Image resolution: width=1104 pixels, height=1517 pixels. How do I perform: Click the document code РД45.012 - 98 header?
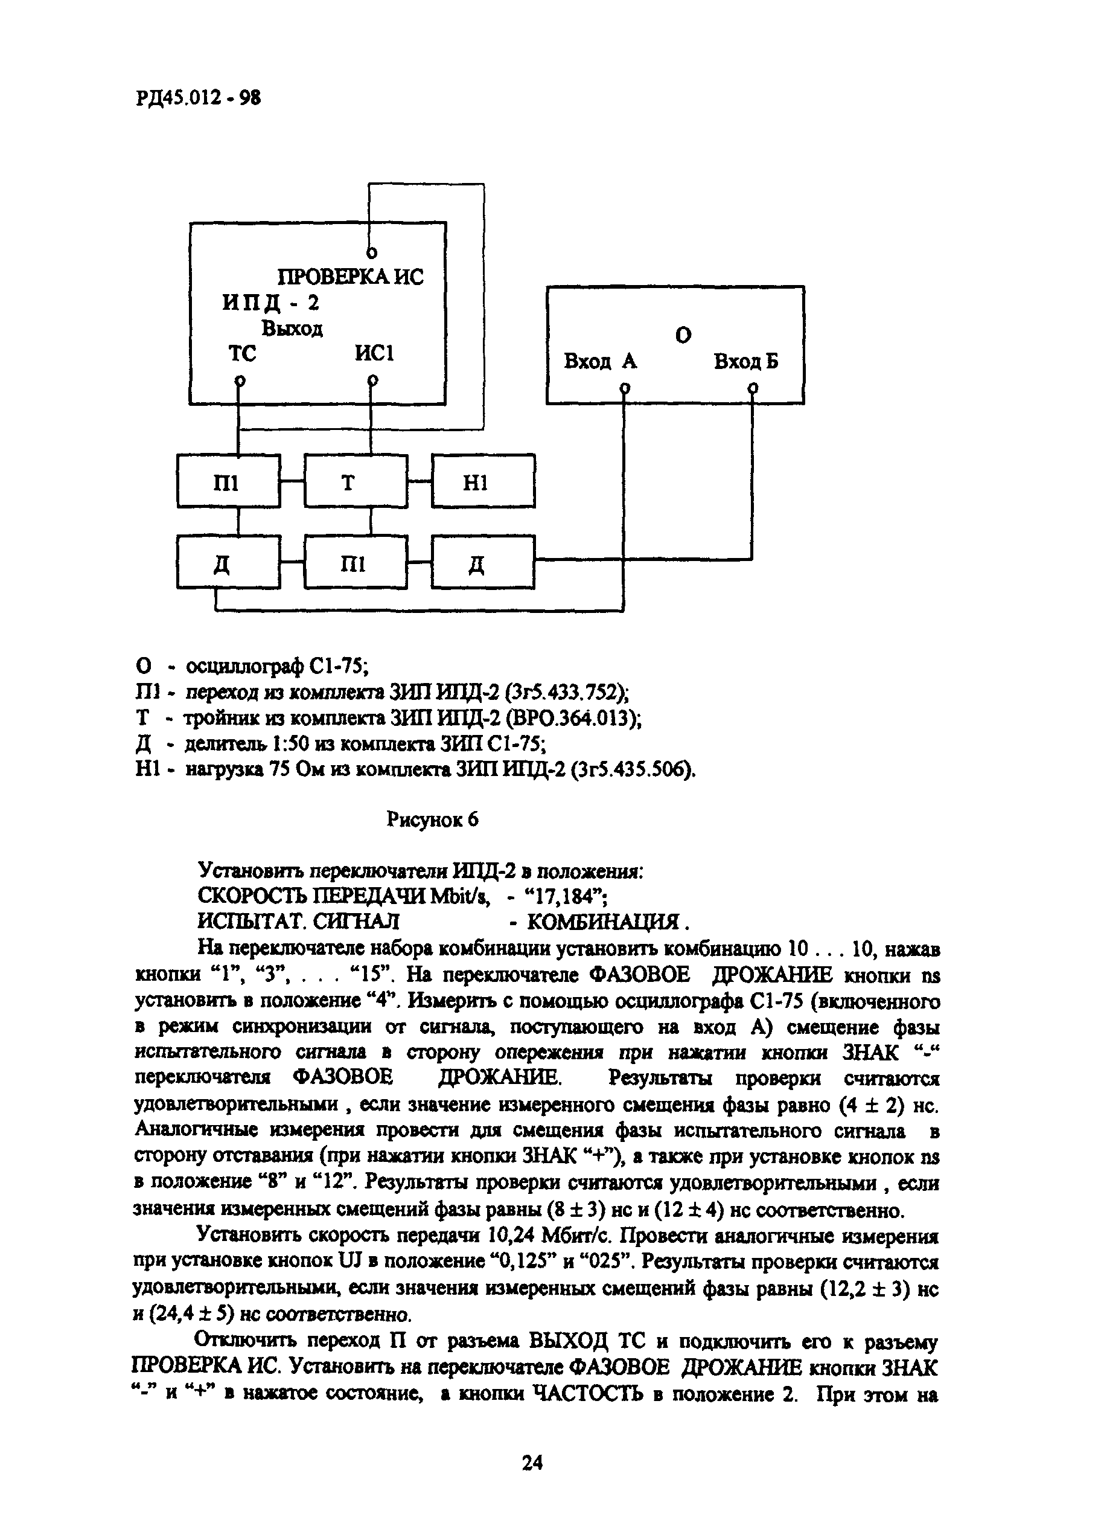coord(198,98)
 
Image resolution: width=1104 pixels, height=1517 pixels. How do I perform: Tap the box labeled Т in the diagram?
coord(355,481)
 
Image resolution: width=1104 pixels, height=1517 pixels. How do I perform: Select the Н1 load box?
coord(483,481)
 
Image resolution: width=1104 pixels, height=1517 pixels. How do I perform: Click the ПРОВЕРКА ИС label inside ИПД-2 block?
coord(350,276)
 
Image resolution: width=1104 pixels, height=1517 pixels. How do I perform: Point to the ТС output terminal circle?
coord(238,380)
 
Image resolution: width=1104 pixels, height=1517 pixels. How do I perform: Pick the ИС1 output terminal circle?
coord(372,380)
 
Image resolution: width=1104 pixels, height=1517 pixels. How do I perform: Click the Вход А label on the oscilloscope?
coord(600,362)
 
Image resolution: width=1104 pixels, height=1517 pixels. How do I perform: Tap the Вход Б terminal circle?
coord(753,387)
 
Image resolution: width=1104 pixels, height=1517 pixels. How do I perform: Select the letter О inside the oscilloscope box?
coord(683,335)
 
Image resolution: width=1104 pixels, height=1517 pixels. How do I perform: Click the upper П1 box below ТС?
coord(228,481)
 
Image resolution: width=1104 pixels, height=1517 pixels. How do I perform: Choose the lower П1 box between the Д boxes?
coord(355,564)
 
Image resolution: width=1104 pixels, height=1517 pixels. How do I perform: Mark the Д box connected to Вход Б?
coord(483,564)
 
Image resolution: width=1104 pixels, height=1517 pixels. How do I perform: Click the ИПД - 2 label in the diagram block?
coord(271,303)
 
